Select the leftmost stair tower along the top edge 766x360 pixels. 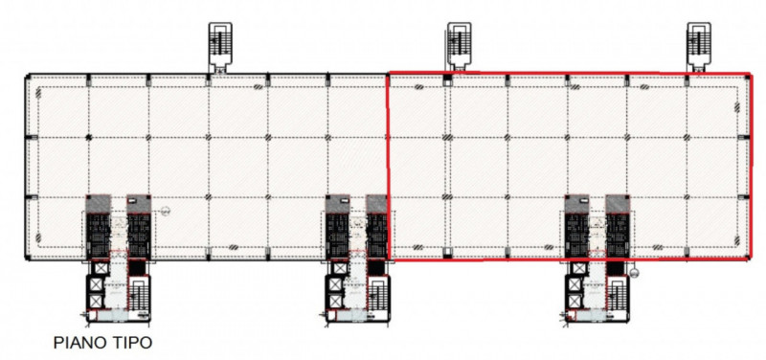220,47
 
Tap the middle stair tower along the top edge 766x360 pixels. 460,46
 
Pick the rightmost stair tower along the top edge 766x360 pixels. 699,47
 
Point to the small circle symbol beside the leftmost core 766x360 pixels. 165,211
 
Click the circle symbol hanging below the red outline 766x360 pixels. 634,273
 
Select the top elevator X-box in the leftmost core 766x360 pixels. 101,268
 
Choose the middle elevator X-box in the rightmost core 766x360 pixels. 574,284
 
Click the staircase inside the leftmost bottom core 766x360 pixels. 138,295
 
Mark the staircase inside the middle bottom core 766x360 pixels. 377,295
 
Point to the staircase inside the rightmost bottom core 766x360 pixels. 617,295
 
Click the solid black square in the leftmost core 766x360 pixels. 137,268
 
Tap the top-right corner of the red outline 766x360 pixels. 750,75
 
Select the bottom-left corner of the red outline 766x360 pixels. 390,259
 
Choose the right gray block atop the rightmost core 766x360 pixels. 618,204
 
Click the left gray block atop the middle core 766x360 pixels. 338,204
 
